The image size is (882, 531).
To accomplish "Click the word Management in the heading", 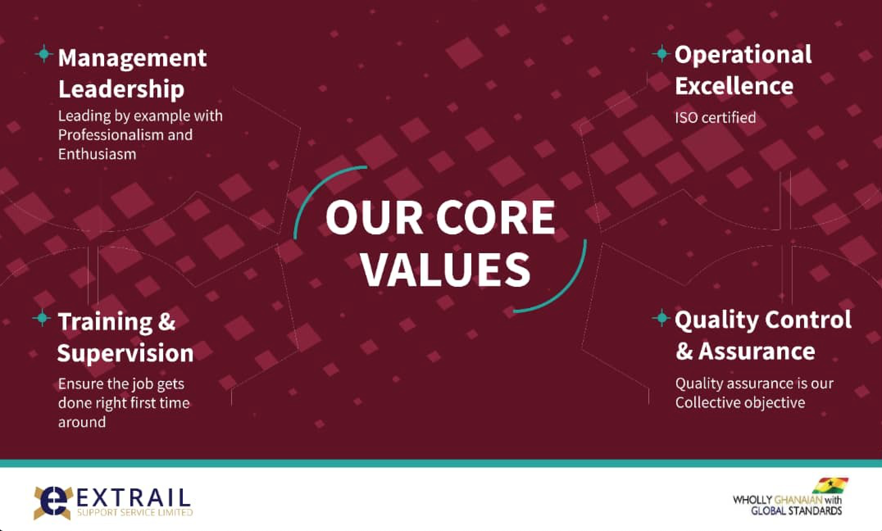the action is click(132, 59).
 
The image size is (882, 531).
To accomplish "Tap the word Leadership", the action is click(121, 89).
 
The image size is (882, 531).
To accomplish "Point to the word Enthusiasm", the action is click(97, 154).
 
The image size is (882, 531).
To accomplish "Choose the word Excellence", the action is click(734, 86).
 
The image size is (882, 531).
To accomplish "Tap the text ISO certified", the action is click(715, 118).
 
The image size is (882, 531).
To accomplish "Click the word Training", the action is click(105, 322).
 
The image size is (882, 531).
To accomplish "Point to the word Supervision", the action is click(125, 353).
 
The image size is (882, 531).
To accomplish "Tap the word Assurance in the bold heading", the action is click(757, 351).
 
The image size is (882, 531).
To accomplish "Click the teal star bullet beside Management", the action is click(43, 54).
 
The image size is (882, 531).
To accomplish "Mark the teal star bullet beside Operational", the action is click(661, 53).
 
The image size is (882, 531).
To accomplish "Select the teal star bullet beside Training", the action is click(42, 318).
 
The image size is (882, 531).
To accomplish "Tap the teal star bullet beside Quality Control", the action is click(661, 318).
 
